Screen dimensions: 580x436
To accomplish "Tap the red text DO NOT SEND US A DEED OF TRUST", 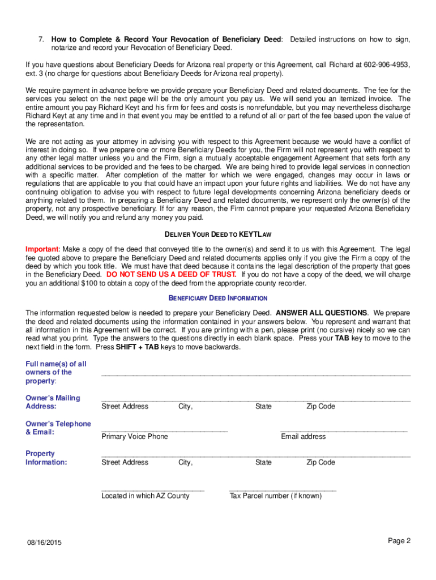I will coord(172,275).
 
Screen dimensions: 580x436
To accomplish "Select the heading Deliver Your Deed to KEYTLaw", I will coord(217,234).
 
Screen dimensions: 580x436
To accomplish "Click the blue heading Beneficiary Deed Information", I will coord(217,298).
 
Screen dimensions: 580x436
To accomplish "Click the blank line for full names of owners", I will coord(255,374).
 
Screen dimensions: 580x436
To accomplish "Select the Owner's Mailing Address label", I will coord(53,402).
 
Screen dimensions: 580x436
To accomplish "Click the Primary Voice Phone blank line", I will coord(164,431).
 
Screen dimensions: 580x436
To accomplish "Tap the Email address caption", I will coord(303,437).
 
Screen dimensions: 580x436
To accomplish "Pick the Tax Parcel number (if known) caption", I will coord(275,496).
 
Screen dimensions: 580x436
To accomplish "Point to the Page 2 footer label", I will coord(399,541).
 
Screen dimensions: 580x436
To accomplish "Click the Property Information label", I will coord(46,458).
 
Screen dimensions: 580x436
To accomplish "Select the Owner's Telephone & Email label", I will coord(58,428).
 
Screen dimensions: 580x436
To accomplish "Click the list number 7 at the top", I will coord(41,40).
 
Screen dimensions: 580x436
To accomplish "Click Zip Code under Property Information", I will coord(320,463).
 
